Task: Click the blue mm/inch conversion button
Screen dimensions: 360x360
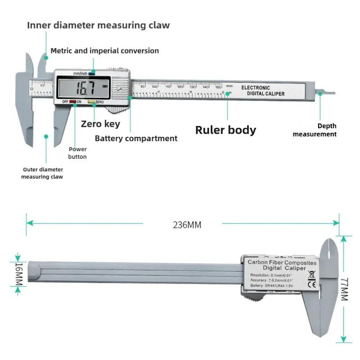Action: (92, 72)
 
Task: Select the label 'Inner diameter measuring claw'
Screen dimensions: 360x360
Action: (99, 25)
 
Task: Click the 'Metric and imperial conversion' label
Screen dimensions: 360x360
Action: (104, 51)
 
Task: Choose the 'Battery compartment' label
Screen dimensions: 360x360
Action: (136, 139)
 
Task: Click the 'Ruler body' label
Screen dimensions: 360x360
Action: (225, 130)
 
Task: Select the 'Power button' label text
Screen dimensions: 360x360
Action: (77, 153)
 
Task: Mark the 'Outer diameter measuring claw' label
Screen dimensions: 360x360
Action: (43, 173)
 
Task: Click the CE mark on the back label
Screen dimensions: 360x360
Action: (311, 284)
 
